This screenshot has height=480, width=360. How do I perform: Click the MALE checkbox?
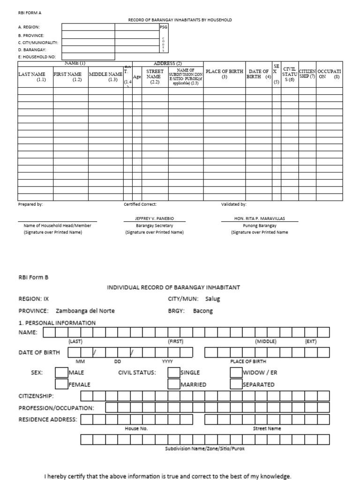61,372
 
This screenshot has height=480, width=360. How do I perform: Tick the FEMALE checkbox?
61,384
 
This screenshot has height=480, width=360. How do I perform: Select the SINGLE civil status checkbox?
174,372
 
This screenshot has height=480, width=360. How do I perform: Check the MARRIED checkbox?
174,384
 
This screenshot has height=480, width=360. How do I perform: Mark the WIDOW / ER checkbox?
236,372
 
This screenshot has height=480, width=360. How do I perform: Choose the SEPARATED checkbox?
236,384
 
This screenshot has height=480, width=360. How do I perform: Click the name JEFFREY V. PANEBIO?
154,219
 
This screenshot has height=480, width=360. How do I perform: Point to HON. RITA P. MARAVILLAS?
259,219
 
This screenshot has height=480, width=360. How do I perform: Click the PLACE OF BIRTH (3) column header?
225,74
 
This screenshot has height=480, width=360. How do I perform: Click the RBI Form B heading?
33,277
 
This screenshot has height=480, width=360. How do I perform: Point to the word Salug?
212,299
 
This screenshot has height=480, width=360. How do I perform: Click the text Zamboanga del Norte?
85,311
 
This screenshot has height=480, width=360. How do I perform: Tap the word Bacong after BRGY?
202,311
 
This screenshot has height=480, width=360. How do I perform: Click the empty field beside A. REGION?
88,27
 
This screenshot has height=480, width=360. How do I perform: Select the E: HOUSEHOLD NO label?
37,57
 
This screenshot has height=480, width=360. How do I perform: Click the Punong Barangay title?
259,225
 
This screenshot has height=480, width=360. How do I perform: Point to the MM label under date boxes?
79,361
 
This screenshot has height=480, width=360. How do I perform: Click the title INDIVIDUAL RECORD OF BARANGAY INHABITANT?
174,287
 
